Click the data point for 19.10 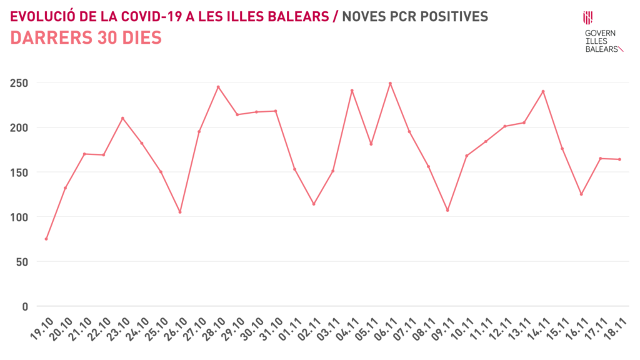pyautogui.click(x=46, y=239)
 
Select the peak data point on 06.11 pyautogui.click(x=390, y=83)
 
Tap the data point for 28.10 pyautogui.click(x=218, y=87)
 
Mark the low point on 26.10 pyautogui.click(x=180, y=212)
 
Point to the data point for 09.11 pyautogui.click(x=447, y=210)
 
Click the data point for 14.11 pyautogui.click(x=543, y=91)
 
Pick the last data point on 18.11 pyautogui.click(x=619, y=159)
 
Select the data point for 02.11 pyautogui.click(x=314, y=204)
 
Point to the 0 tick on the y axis pyautogui.click(x=26, y=306)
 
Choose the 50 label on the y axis pyautogui.click(x=22, y=262)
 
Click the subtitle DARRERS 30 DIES pyautogui.click(x=86, y=38)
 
